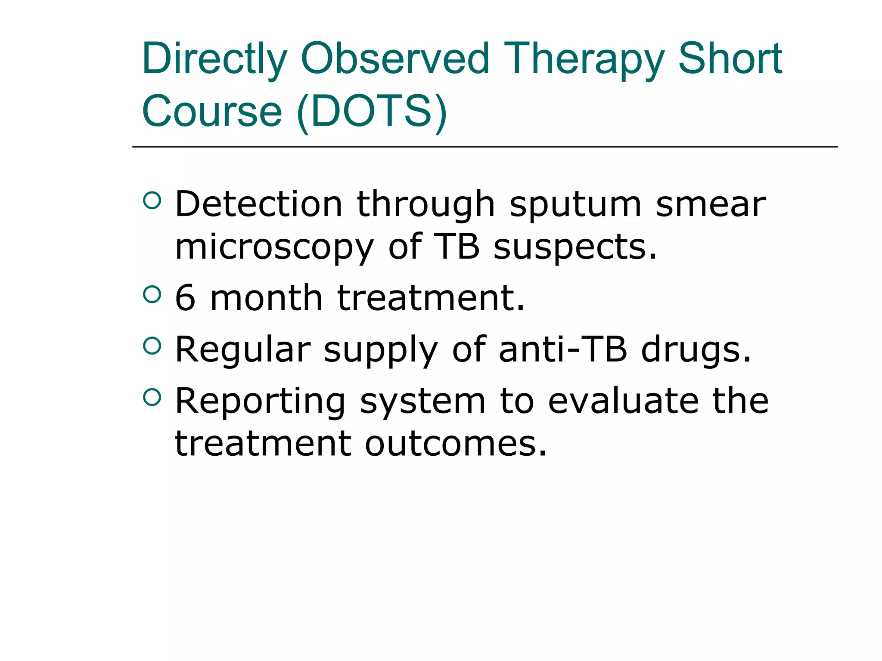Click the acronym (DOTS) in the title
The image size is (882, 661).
tap(372, 111)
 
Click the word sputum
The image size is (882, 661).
tap(575, 205)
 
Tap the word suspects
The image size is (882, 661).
tap(575, 248)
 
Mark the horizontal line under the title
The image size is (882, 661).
tap(484, 147)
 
